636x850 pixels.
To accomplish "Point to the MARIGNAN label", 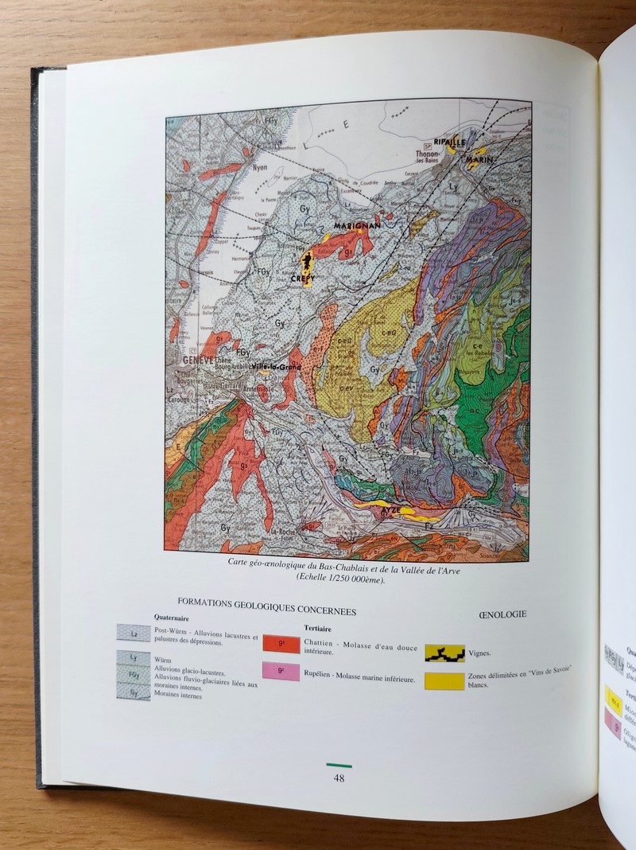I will click(x=357, y=226).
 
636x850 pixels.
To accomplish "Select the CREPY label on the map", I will click(x=302, y=279).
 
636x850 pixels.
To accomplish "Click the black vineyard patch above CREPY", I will click(x=305, y=260).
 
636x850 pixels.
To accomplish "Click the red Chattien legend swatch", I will click(x=281, y=645).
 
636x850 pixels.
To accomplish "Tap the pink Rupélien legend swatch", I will click(x=281, y=673).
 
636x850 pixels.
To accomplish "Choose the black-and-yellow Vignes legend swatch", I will click(x=444, y=653).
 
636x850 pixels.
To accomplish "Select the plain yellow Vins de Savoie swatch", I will click(x=444, y=680).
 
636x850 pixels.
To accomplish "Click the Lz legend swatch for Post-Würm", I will click(x=133, y=633).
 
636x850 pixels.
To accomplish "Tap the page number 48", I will click(x=339, y=778).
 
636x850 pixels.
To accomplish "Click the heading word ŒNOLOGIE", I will click(x=503, y=614).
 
